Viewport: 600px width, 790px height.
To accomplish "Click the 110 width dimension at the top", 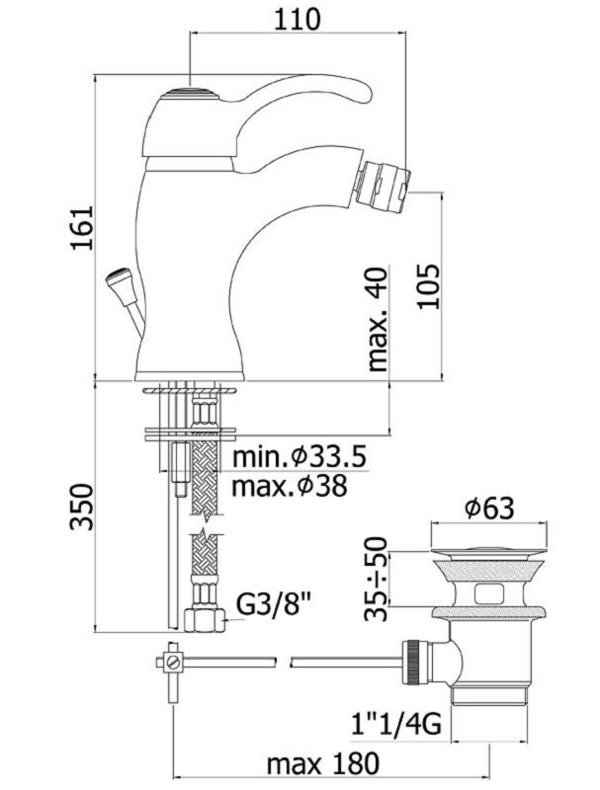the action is coord(298,19).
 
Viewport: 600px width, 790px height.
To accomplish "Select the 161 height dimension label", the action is coord(82,227).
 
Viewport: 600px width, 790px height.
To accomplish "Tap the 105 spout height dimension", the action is coord(428,286).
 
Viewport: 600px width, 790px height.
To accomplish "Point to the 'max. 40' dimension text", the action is coord(379,319).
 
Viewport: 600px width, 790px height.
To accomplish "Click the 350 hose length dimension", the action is coord(82,507).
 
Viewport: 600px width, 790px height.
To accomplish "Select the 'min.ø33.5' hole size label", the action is coord(299,457).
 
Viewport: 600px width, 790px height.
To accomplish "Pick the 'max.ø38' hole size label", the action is coord(290,486).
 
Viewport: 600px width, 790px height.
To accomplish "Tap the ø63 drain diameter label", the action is coord(489,509).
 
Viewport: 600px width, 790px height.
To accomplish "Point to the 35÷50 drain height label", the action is coord(377,579).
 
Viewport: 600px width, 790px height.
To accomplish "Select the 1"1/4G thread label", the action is coord(396,725).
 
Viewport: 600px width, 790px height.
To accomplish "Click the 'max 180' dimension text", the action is coord(322,764).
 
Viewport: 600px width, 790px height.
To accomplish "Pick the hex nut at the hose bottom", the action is coord(205,621).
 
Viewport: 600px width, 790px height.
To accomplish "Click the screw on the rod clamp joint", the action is coord(173,661).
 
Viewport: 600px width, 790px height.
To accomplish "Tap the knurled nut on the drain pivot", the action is coord(414,662).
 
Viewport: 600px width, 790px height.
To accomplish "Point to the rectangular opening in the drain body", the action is coord(490,593).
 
